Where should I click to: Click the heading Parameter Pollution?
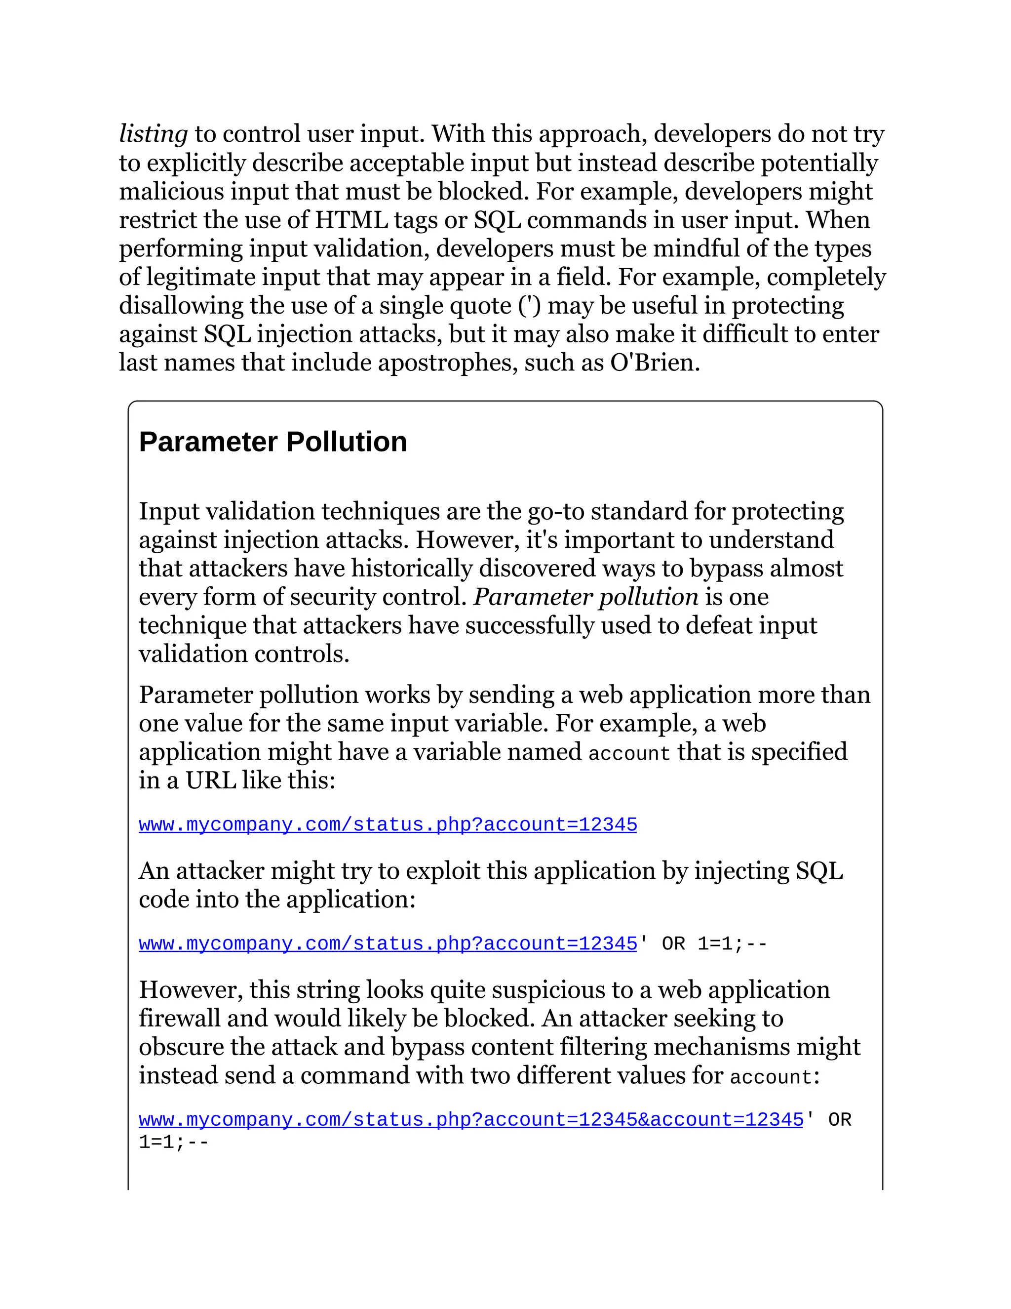[272, 442]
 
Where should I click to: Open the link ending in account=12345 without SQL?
[388, 825]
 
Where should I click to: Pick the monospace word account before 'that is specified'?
[629, 753]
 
